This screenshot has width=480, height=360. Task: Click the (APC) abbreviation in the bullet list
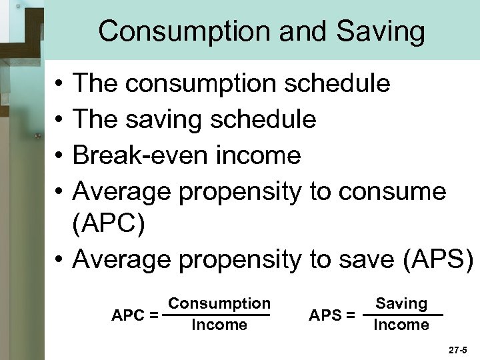point(109,225)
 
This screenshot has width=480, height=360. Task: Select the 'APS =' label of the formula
point(331,315)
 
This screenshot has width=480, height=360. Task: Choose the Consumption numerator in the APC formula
point(219,303)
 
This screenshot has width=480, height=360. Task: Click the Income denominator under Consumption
point(219,325)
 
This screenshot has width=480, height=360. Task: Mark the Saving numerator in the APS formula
point(401,303)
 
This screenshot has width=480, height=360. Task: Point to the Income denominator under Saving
point(401,325)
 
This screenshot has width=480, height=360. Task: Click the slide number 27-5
point(459,348)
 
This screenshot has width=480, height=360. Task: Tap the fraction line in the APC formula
point(219,315)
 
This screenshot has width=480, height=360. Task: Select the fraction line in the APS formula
point(401,315)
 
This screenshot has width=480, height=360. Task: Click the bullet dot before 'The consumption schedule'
point(59,85)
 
